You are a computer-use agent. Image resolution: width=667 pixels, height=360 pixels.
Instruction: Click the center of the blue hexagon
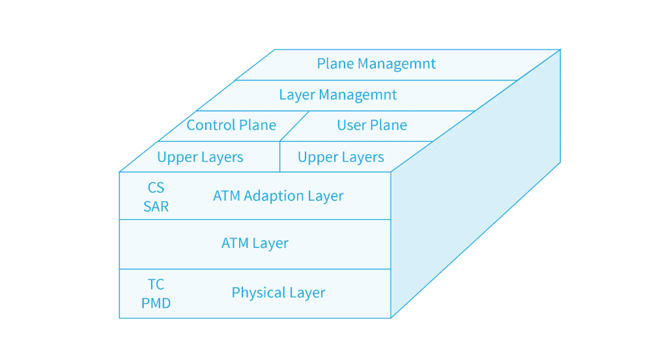(339, 184)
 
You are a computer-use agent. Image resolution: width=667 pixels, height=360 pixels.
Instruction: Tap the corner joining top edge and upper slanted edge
(274, 49)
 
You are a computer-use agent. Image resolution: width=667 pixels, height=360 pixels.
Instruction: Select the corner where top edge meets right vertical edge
(561, 49)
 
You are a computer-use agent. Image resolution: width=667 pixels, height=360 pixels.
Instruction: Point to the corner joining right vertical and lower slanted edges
(561, 161)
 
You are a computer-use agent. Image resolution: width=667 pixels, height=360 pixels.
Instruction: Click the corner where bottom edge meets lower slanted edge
(391, 319)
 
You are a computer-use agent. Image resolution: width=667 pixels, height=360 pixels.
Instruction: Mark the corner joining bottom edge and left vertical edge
(119, 319)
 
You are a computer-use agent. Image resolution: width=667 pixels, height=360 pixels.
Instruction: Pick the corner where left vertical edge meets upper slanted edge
(119, 172)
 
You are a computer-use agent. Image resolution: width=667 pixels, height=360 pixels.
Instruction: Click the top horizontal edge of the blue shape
(417, 49)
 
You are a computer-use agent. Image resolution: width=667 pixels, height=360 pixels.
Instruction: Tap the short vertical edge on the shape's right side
(560, 105)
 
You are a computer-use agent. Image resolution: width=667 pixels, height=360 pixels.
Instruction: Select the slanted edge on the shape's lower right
(475, 240)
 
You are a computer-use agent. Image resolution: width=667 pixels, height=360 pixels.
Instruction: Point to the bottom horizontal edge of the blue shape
(254, 318)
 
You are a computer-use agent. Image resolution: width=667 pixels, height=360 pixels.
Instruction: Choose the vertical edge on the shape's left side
(119, 245)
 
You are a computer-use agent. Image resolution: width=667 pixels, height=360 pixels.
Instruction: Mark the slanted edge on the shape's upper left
(196, 111)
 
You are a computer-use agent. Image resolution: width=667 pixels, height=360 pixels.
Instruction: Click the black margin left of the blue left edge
(59, 245)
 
